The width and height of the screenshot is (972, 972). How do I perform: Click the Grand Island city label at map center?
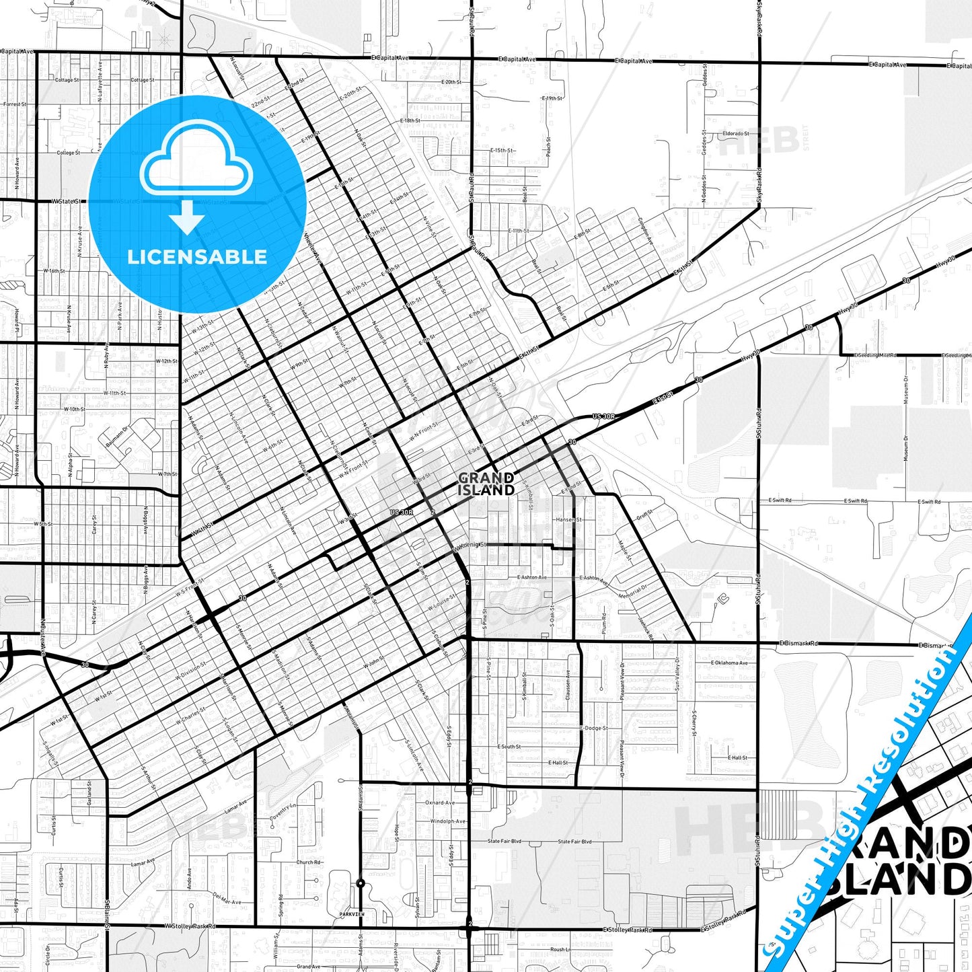point(486,484)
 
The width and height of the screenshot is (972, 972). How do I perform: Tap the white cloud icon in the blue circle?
point(196,161)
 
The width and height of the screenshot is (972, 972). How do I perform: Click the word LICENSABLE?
point(197,257)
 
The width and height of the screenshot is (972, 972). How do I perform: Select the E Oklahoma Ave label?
point(729,663)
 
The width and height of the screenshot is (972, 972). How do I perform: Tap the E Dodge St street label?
point(594,728)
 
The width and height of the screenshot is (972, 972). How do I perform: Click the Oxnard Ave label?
point(440,802)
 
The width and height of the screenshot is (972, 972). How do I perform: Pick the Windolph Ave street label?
point(448,821)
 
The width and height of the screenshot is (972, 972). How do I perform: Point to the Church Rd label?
point(309,862)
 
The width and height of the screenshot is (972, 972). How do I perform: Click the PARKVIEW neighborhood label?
point(352,914)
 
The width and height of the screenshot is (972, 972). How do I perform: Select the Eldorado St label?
point(735,134)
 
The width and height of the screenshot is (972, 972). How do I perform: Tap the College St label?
point(68,153)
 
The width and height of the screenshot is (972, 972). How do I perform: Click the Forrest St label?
point(14,104)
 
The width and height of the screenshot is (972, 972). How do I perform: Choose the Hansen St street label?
point(568,519)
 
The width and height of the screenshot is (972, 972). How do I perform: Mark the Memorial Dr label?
point(632,591)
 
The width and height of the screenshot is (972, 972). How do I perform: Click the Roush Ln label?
point(560,949)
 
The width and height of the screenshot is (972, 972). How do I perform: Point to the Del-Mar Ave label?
point(227,898)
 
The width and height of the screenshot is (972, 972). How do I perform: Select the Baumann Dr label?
point(116,436)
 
